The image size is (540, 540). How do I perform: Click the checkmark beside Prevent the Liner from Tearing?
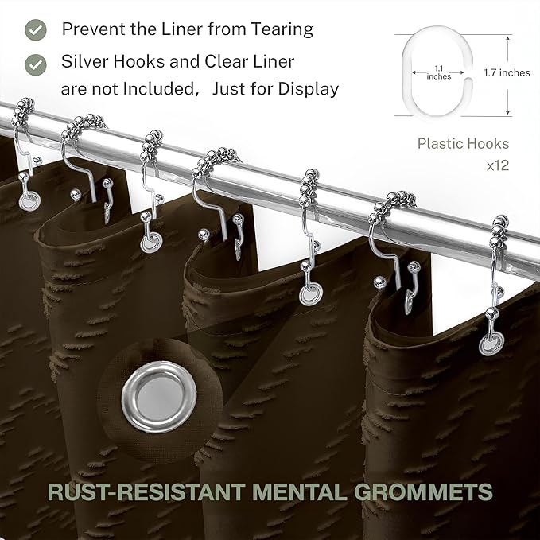click(36, 30)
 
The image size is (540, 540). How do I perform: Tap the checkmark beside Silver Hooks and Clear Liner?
click(36, 64)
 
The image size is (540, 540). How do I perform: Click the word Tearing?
click(282, 30)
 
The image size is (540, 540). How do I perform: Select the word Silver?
click(85, 62)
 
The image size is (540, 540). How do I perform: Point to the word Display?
click(309, 89)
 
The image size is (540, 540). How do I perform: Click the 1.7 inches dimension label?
click(507, 72)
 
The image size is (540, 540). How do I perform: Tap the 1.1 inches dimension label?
click(438, 72)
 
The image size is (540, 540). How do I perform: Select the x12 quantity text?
click(498, 165)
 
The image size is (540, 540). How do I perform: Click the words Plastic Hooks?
click(463, 144)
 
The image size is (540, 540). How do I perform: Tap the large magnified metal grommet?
click(159, 397)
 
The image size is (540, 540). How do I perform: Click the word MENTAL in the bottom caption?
click(299, 491)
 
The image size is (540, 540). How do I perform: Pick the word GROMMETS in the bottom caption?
click(423, 491)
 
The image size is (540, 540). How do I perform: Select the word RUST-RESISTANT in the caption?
click(146, 491)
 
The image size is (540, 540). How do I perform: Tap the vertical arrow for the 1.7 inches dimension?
click(508, 75)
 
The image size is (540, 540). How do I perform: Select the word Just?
click(228, 89)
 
